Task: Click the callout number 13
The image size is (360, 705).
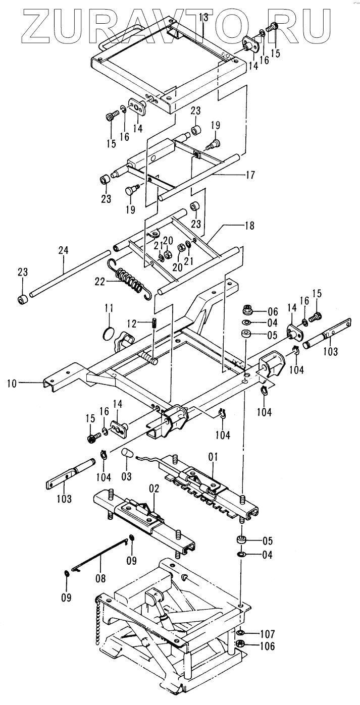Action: click(x=203, y=18)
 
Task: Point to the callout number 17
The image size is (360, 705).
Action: click(x=249, y=175)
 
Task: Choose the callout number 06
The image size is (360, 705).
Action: click(x=273, y=311)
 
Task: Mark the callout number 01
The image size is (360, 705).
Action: click(x=213, y=457)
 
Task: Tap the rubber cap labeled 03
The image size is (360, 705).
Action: click(x=128, y=452)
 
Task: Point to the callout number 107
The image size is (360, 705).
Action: click(x=267, y=634)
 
